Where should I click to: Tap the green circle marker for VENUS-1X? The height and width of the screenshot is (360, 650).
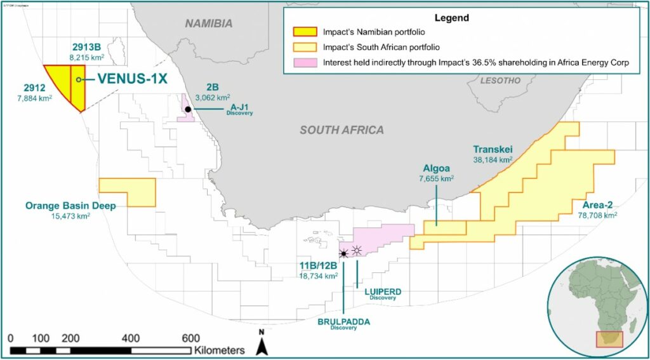point(79,79)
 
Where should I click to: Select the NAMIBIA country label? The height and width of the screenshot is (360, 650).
point(209,23)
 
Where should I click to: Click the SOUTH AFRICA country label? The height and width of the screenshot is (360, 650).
point(342,130)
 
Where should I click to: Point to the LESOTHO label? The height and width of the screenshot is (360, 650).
point(501,81)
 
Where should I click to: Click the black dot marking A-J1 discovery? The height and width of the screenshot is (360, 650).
point(189,110)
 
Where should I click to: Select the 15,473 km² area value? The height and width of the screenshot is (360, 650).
point(70,217)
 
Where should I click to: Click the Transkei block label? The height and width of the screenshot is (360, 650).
point(493,149)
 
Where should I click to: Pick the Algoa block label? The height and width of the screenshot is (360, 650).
point(436,169)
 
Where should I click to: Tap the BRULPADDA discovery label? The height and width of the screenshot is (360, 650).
point(343,322)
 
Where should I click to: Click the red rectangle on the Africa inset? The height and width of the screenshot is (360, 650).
point(609,339)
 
